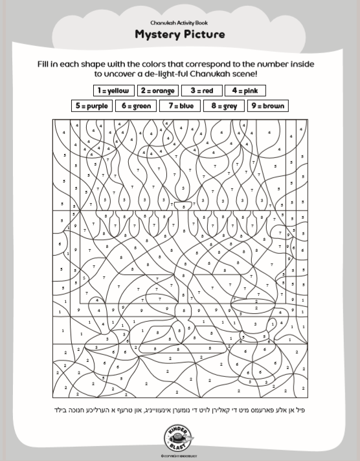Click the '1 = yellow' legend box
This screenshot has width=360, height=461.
pos(113,91)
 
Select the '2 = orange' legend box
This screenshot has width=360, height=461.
pos(157,91)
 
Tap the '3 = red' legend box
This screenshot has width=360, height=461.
pos(202,91)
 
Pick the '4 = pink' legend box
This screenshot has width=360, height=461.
pos(245,91)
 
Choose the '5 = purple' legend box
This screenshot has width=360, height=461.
pos(91,106)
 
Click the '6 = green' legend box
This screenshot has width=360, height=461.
pos(135,106)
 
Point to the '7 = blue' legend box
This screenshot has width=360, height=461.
pos(179,106)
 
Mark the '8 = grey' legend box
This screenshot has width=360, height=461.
pos(223,106)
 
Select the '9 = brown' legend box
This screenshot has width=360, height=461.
pos(267,106)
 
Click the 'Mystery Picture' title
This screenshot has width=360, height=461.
pos(180,34)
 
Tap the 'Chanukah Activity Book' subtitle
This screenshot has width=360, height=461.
pos(180,22)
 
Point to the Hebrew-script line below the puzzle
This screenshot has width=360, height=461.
pos(180,409)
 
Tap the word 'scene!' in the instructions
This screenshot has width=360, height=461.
pos(243,74)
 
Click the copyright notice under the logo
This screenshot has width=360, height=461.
pos(180,455)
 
